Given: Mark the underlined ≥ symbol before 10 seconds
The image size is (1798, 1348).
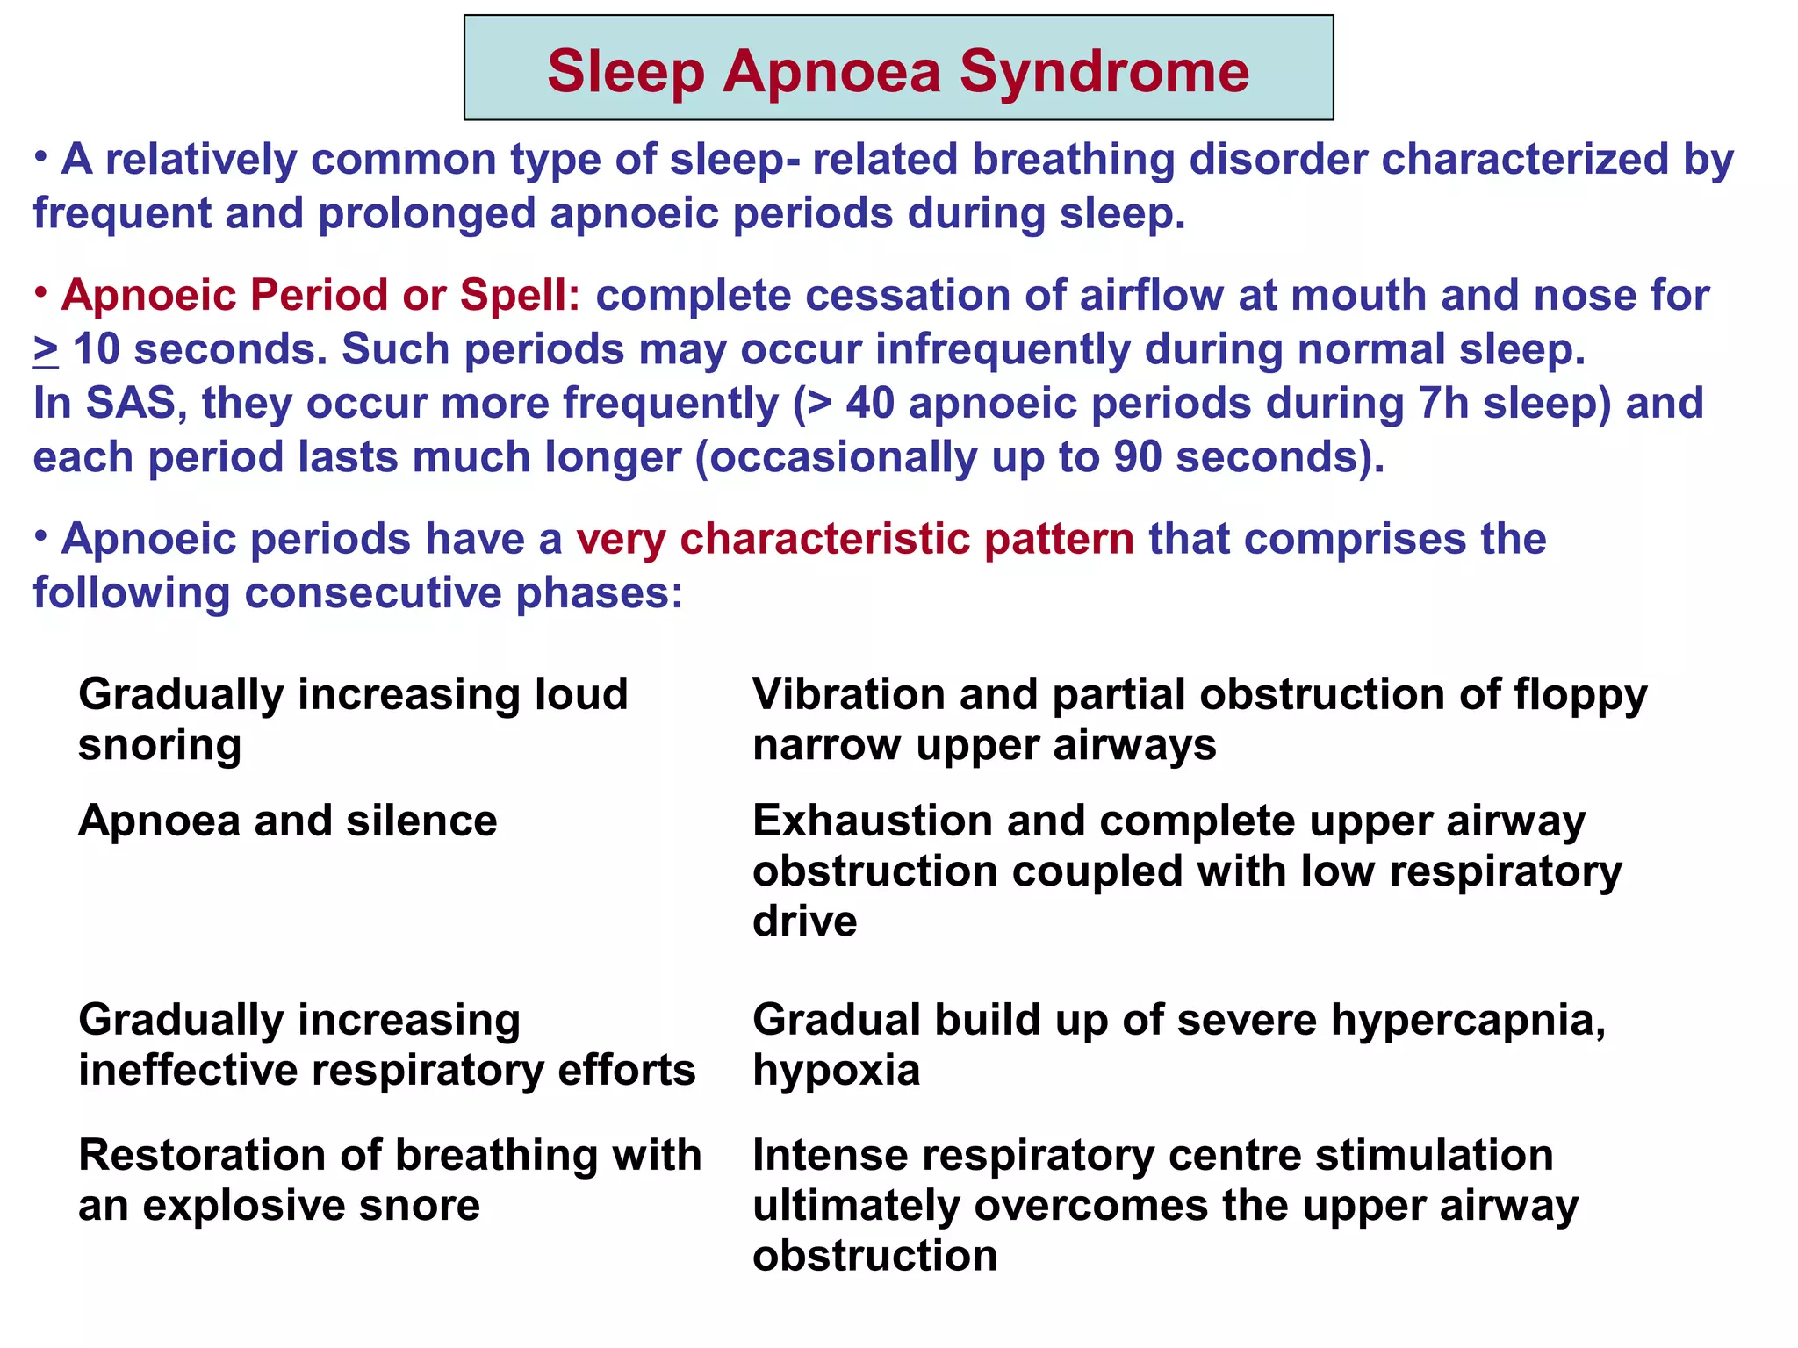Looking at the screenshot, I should click(x=46, y=350).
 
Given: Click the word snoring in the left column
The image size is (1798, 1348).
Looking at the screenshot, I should click(x=160, y=746).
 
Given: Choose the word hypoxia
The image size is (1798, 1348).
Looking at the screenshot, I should click(x=836, y=1071).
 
